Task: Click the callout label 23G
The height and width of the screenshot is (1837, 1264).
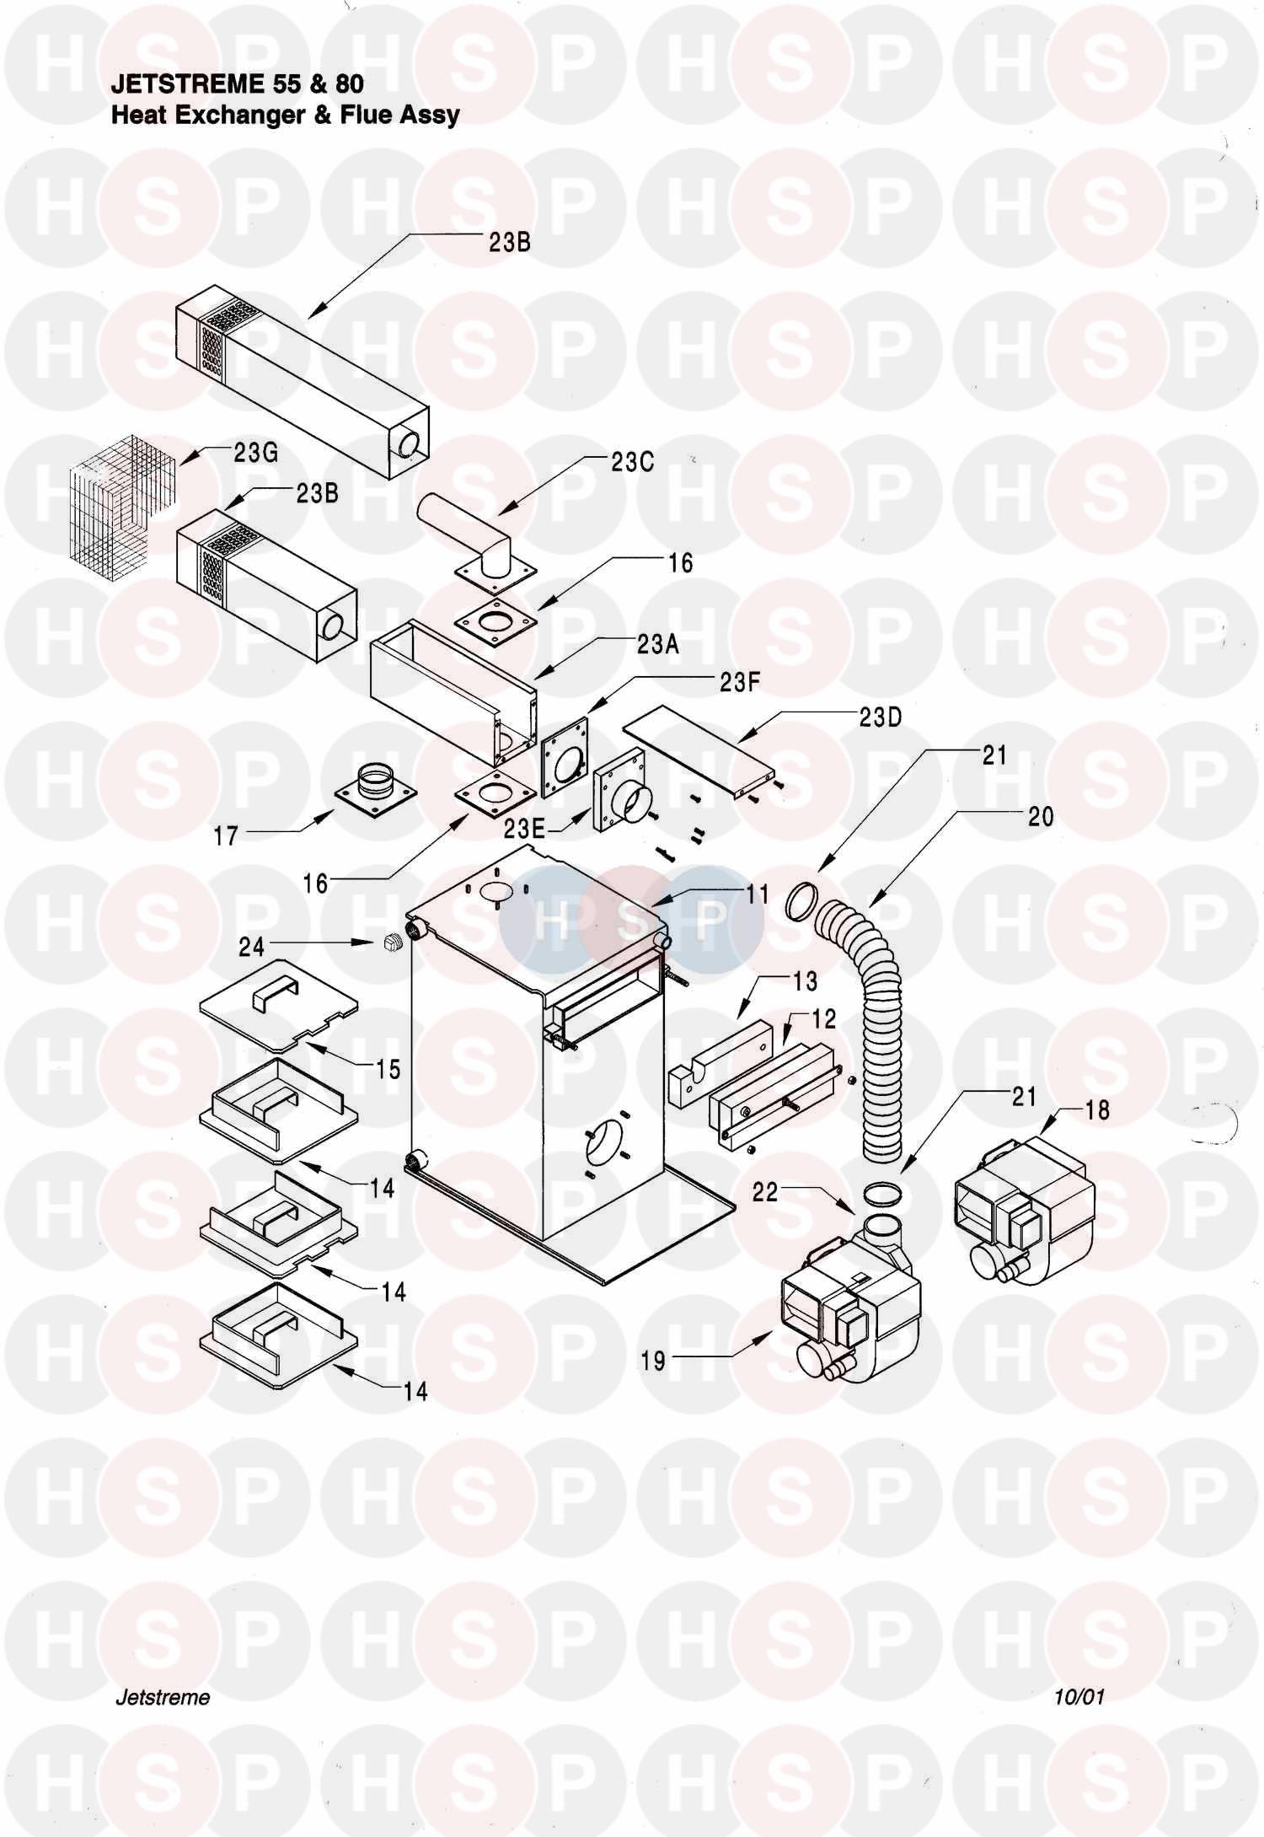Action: pos(256,453)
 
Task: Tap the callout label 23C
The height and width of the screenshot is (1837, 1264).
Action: pos(632,462)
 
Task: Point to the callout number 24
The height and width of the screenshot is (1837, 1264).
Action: pos(251,947)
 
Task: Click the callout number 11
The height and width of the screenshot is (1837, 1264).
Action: pos(757,894)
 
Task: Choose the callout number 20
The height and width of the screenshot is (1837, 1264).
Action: pos(1041,816)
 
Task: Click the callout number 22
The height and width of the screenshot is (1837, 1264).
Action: pos(764,1194)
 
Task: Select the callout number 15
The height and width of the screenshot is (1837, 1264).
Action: pos(388,1069)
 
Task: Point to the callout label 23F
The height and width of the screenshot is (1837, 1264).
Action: pos(740,681)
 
